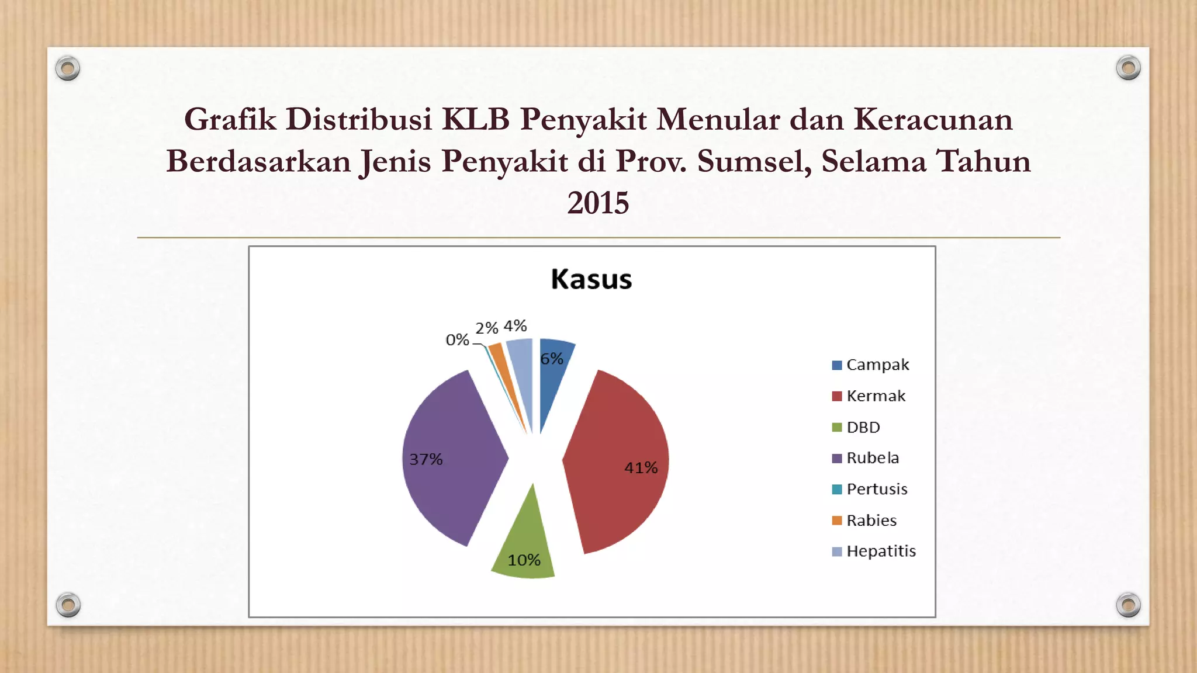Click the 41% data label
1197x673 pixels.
(641, 468)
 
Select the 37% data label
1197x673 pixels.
(425, 459)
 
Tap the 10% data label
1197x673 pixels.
(524, 560)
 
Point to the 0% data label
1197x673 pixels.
(457, 340)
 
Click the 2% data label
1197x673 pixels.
(486, 328)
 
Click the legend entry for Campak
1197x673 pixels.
(871, 365)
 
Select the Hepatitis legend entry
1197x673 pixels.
(874, 551)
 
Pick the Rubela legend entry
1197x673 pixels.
(866, 458)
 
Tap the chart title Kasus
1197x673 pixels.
(591, 279)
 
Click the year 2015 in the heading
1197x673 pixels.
(598, 203)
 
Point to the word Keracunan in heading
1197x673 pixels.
(933, 119)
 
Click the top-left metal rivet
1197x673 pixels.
(68, 68)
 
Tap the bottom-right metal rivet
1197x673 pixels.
(1128, 605)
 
